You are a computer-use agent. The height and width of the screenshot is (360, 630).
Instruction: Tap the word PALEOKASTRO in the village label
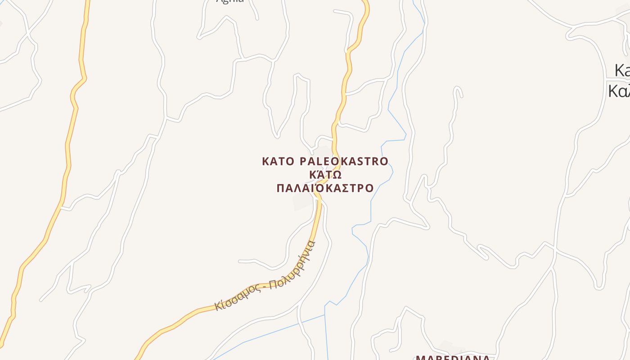click(x=344, y=161)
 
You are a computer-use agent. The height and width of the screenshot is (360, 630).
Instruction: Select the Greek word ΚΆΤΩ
click(x=325, y=175)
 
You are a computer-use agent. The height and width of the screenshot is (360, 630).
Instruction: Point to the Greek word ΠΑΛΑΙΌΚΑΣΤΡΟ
click(x=325, y=188)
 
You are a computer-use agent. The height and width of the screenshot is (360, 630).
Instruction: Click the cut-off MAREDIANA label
click(x=452, y=357)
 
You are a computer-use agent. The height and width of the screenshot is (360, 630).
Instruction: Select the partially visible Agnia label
click(x=230, y=1)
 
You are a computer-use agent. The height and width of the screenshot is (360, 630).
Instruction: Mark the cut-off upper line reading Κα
click(x=622, y=71)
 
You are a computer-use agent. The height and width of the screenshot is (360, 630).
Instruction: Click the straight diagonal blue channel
click(x=270, y=333)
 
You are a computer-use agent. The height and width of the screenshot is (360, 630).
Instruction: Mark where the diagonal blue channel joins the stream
click(x=325, y=315)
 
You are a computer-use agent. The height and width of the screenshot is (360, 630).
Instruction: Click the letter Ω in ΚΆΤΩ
click(x=337, y=175)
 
